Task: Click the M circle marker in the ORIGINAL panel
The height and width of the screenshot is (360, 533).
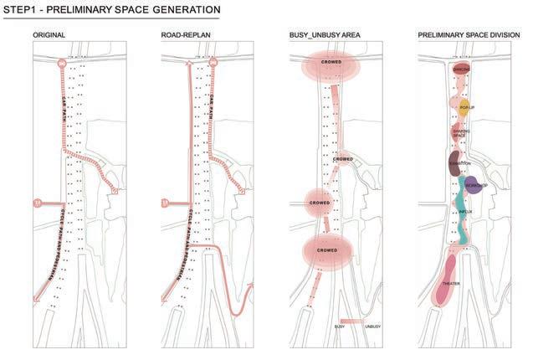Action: point(37,203)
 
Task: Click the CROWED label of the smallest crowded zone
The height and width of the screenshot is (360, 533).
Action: point(343,159)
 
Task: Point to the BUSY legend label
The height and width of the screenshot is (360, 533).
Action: point(340,325)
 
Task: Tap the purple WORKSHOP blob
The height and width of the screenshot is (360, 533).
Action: point(474,185)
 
